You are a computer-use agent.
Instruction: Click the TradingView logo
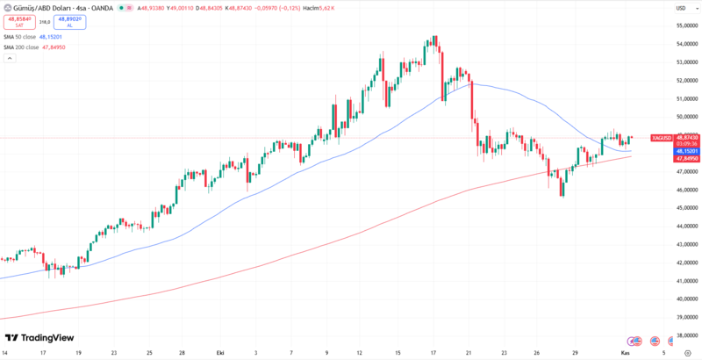pyautogui.click(x=39, y=338)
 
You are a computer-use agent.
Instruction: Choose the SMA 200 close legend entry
pyautogui.click(x=34, y=47)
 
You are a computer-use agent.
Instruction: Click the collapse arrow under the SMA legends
pyautogui.click(x=11, y=58)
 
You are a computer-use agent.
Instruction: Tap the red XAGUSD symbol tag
pyautogui.click(x=663, y=138)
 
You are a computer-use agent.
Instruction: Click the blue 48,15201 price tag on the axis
pyautogui.click(x=686, y=151)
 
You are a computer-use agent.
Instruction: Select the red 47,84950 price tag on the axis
pyautogui.click(x=686, y=159)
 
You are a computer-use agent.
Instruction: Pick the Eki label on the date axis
pyautogui.click(x=220, y=352)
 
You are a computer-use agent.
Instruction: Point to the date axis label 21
pyautogui.click(x=469, y=352)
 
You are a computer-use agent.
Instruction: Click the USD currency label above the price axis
pyautogui.click(x=681, y=9)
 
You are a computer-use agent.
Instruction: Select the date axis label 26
pyautogui.click(x=537, y=352)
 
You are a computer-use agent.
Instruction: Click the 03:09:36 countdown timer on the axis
pyautogui.click(x=686, y=144)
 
